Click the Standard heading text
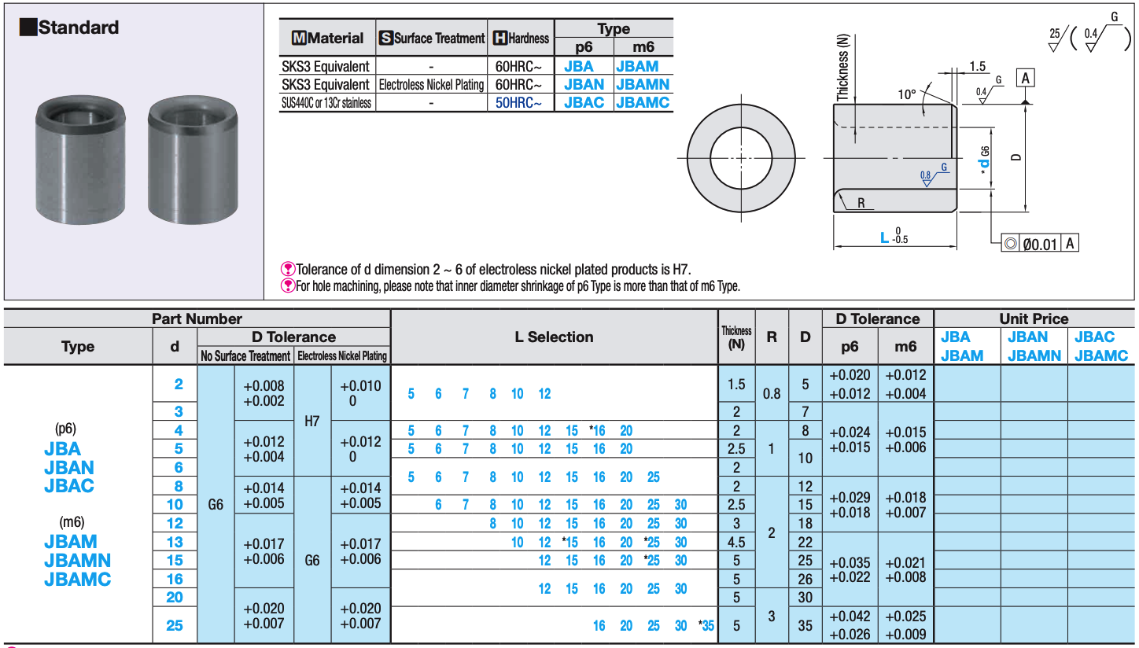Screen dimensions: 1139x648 pyautogui.click(x=79, y=28)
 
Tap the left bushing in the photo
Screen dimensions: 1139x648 pyautogui.click(x=80, y=160)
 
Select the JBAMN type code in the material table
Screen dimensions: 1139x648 pyautogui.click(x=643, y=84)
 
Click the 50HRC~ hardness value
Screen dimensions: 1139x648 pyautogui.click(x=518, y=103)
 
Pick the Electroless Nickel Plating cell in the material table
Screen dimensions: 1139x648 pyautogui.click(x=431, y=84)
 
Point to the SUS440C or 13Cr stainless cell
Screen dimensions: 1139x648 pyautogui.click(x=326, y=103)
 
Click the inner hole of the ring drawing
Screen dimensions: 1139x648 pyautogui.click(x=741, y=158)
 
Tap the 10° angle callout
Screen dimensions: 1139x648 pyautogui.click(x=907, y=94)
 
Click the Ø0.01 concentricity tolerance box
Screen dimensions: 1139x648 pyautogui.click(x=1039, y=244)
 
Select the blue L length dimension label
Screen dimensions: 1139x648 pyautogui.click(x=885, y=237)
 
